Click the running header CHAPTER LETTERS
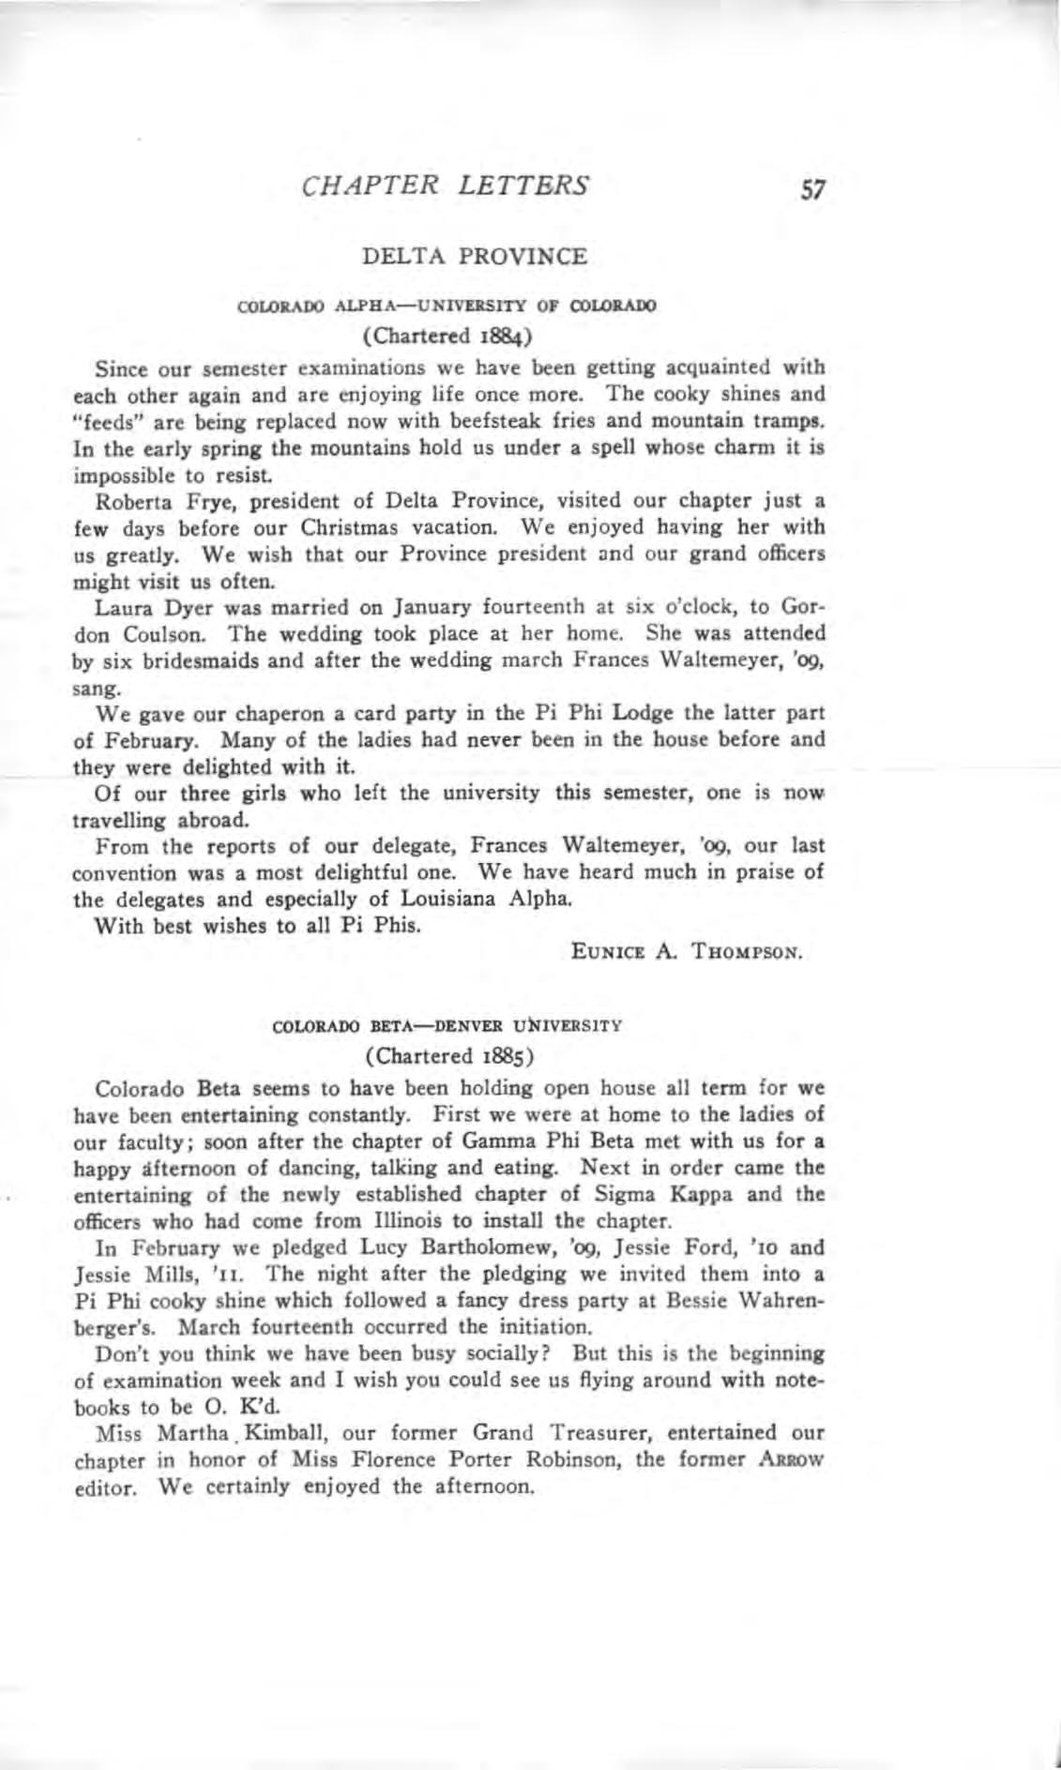(446, 185)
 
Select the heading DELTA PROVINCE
(475, 255)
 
